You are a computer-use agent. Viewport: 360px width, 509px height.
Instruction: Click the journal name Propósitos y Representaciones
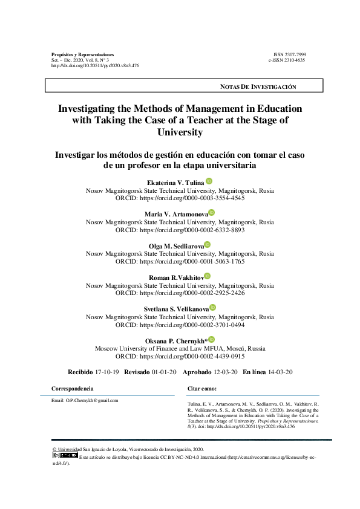(x=83, y=54)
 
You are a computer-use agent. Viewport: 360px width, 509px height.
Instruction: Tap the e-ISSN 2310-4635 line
(x=287, y=60)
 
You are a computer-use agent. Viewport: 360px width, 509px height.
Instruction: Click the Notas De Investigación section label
(x=258, y=87)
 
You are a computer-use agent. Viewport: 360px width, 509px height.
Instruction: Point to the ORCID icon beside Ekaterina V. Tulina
(x=209, y=181)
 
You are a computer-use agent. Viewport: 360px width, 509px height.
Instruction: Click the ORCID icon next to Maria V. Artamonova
(x=211, y=213)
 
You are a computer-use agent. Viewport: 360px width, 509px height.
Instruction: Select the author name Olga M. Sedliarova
(x=177, y=245)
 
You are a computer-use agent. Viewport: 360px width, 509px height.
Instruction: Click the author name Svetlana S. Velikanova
(x=176, y=309)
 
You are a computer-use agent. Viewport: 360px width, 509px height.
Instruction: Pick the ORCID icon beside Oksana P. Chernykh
(x=211, y=340)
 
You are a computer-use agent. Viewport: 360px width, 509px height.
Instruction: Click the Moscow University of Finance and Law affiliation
(x=180, y=349)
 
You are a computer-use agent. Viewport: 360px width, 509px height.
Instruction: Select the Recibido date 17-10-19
(x=107, y=372)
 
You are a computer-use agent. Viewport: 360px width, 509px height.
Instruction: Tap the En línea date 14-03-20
(x=280, y=372)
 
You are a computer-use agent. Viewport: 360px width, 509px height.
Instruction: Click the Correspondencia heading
(x=73, y=388)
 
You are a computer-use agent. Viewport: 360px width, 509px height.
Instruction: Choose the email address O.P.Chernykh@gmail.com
(x=85, y=400)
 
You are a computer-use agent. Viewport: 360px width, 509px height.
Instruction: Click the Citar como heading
(x=202, y=388)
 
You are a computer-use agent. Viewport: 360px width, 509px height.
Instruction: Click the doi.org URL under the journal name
(x=96, y=65)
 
